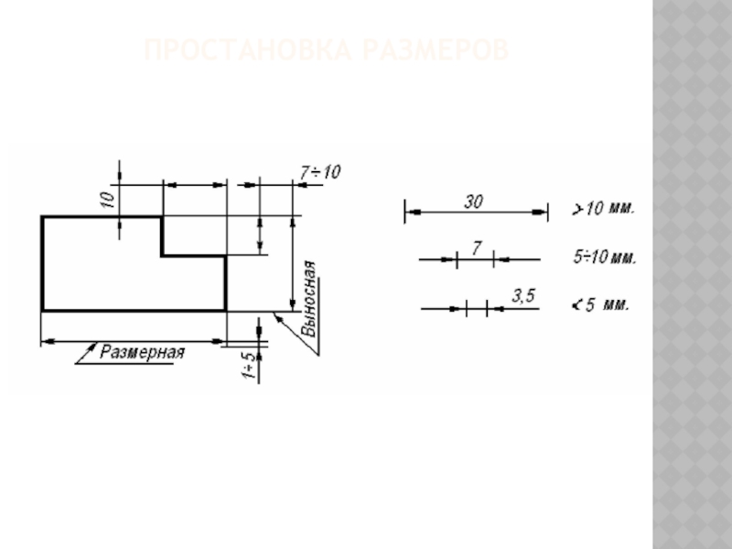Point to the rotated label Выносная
[310, 297]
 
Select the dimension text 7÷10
[319, 171]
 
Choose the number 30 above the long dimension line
[473, 202]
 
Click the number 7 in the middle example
[476, 248]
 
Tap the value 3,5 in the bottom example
[522, 296]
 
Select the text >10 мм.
[603, 209]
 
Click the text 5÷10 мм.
[605, 259]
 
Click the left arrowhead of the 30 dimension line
[409, 212]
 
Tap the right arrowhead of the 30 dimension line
[543, 212]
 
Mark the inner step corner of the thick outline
[163, 256]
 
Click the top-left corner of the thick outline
[42, 217]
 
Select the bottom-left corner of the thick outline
[42, 310]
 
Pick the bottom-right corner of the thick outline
[225, 310]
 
